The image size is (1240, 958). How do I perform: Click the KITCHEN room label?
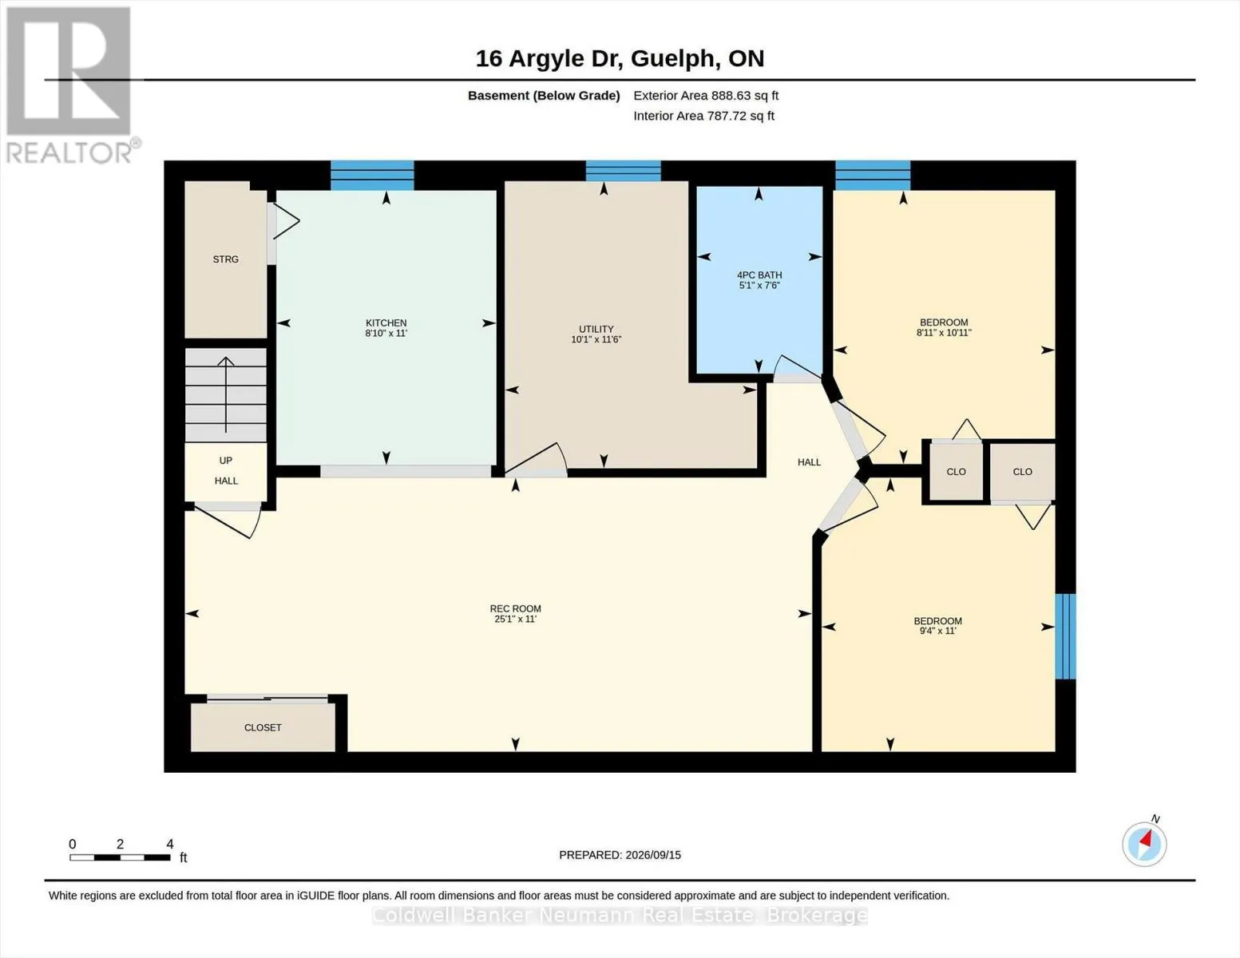386,323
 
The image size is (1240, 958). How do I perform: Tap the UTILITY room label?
596,329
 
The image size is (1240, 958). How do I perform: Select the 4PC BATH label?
759,275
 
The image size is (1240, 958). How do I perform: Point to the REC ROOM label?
515,609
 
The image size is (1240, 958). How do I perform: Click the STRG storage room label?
225,259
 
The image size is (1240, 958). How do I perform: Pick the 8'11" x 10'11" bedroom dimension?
944,333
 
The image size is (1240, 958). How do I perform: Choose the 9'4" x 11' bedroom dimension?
937,631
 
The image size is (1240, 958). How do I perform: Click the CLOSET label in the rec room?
263,727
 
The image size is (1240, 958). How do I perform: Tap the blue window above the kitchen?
372,175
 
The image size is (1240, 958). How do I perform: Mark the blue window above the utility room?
623,171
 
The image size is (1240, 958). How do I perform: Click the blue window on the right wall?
1065,636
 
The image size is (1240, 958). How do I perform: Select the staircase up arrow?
226,394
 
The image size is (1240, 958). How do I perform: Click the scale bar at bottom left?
120,857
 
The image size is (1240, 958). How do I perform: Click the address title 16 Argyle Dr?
549,59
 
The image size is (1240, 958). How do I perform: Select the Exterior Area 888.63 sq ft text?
706,96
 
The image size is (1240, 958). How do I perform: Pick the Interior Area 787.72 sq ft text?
703,116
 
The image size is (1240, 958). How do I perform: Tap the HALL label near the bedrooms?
809,462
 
